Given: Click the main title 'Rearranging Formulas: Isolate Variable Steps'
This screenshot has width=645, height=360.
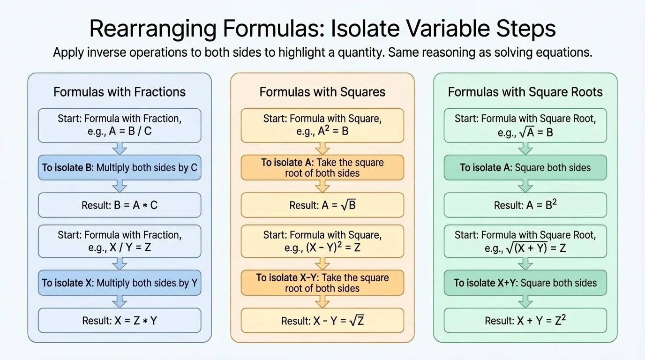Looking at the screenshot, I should click(322, 28).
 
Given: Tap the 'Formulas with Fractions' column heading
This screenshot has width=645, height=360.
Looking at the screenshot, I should click(120, 92).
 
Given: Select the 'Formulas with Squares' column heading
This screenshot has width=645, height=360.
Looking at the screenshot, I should click(322, 92).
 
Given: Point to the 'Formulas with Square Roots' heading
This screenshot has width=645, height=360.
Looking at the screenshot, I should click(525, 92).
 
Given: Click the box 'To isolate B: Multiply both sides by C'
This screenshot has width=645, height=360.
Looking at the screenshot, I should click(120, 168).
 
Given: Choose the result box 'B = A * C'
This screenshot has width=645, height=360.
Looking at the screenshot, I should click(120, 205).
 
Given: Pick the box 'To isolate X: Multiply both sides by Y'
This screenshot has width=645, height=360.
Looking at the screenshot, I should click(120, 283).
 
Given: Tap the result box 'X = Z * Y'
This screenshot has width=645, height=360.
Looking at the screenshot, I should click(120, 321).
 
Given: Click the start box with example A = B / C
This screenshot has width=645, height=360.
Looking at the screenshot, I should click(120, 125).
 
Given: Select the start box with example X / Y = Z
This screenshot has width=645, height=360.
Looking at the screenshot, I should click(120, 241).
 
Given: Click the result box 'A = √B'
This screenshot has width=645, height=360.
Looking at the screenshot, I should click(322, 205).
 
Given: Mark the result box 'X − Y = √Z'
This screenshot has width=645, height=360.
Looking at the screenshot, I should click(322, 321).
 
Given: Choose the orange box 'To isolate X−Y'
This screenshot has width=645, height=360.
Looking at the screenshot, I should click(322, 283).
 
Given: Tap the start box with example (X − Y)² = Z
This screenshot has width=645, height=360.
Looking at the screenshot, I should click(322, 241).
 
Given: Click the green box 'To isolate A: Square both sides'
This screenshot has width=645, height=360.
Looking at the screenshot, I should click(525, 168).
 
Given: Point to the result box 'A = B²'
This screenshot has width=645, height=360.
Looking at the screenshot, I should click(525, 205).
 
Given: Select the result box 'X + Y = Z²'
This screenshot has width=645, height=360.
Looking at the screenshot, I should click(525, 321).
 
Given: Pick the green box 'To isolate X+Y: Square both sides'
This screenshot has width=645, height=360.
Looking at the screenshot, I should click(525, 283).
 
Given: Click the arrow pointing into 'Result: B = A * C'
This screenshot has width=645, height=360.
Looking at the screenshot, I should click(120, 187).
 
